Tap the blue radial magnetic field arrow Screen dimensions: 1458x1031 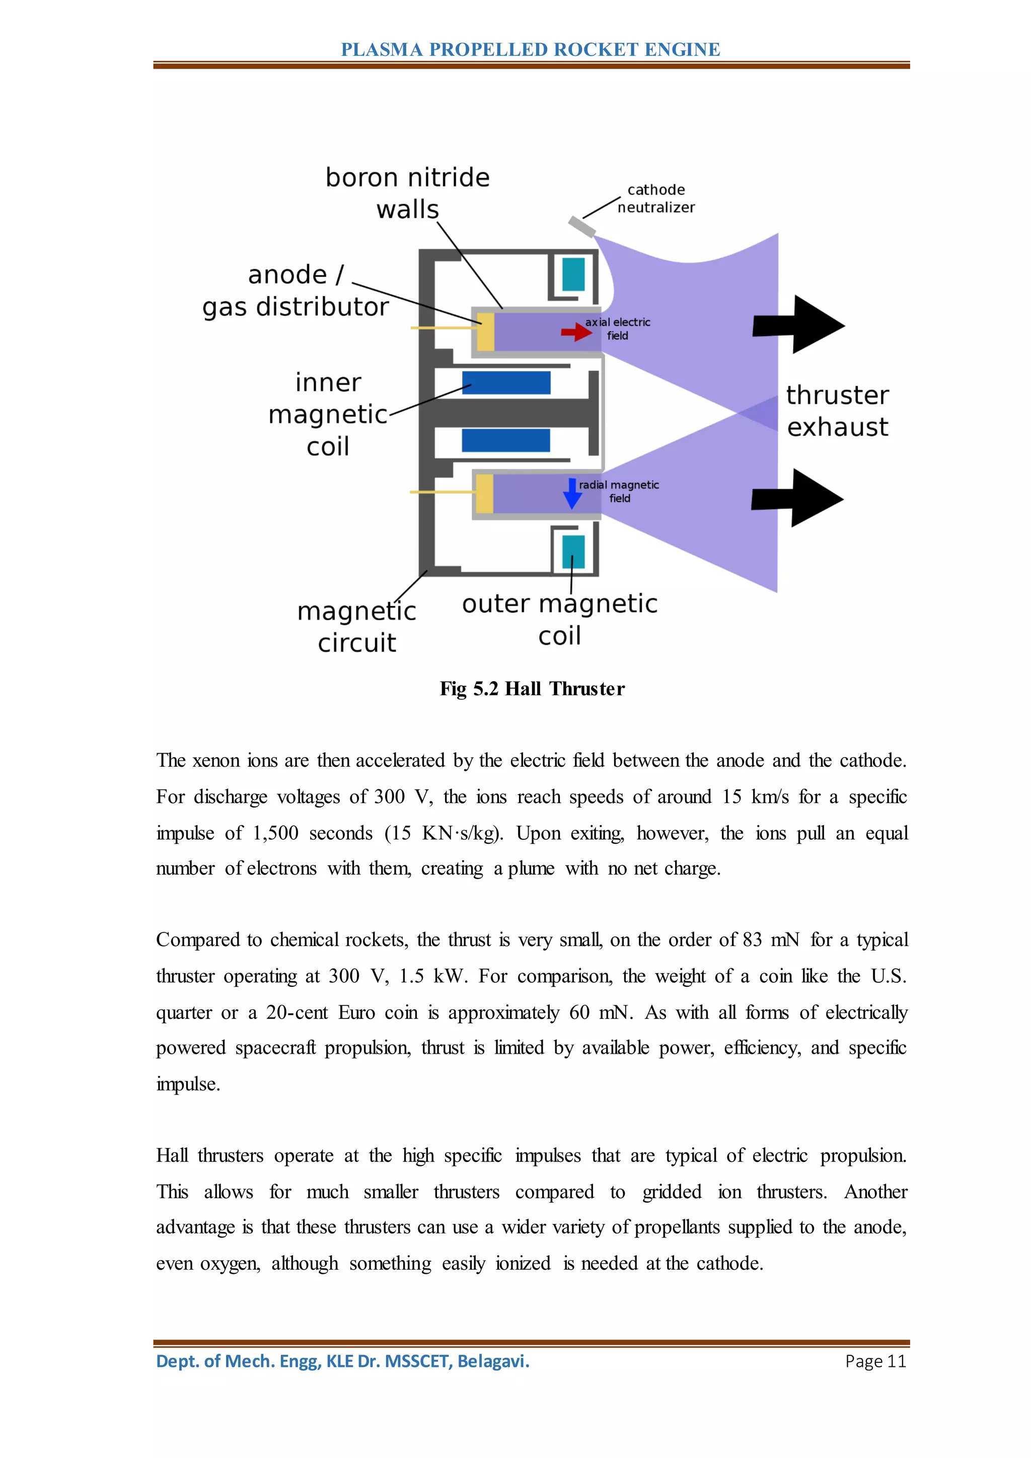(572, 494)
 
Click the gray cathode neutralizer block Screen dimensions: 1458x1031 (581, 226)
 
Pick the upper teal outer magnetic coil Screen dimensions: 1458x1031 (573, 274)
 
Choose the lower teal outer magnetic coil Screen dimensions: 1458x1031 (573, 552)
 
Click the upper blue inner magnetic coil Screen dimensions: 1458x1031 (506, 383)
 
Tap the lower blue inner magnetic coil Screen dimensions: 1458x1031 (506, 440)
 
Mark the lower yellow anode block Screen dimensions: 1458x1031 (484, 494)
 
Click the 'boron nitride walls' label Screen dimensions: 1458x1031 (408, 193)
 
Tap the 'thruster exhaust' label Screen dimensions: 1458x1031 (837, 411)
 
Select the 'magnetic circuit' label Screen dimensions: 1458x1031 (357, 627)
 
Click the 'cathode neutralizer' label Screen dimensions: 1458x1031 (656, 198)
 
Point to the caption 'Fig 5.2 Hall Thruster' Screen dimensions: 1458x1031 (532, 689)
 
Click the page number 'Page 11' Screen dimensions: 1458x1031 (875, 1361)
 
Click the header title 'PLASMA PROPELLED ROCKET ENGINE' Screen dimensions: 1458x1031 (531, 49)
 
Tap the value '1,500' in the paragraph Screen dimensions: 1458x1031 (275, 833)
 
